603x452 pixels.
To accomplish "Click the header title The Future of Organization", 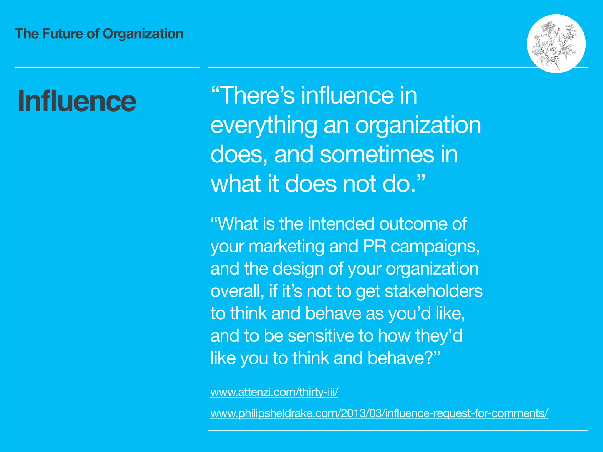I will (x=99, y=34).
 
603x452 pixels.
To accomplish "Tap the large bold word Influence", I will (x=77, y=101).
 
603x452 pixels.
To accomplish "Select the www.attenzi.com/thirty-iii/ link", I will (x=274, y=392).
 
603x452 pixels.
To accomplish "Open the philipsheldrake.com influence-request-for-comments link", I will (x=379, y=413).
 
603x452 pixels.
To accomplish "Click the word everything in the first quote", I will (x=264, y=125).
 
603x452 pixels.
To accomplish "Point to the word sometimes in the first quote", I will (x=377, y=155).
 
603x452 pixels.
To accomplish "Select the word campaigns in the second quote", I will (x=435, y=246).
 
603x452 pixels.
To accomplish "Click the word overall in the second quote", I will (x=237, y=291).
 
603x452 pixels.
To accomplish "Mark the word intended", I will (x=341, y=224).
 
